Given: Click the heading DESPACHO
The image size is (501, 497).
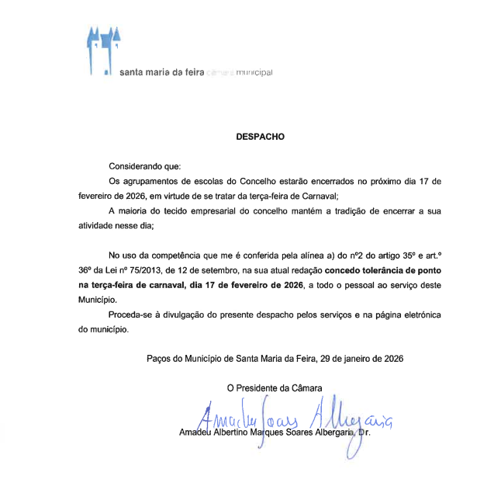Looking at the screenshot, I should click(261, 137).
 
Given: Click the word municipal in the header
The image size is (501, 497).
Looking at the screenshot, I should click(254, 73).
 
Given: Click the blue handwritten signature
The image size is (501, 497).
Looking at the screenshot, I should click(295, 419).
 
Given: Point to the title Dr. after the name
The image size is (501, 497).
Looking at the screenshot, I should click(364, 432).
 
